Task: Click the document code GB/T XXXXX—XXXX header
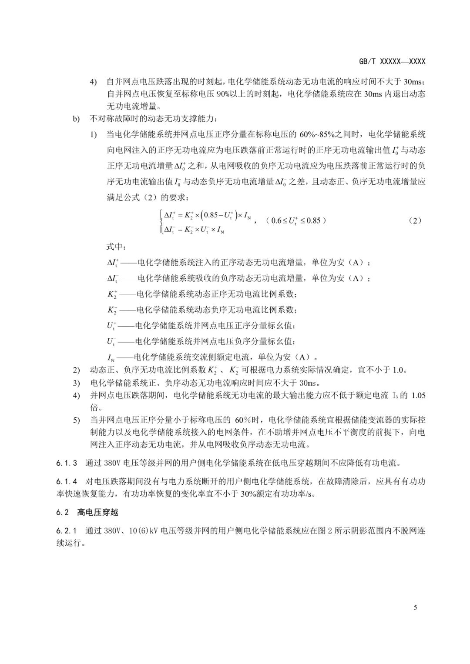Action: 392,62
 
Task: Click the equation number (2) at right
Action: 416,220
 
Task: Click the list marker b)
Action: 76,118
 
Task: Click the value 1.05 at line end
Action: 418,395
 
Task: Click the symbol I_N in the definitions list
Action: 111,358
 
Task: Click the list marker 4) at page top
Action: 94,82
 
